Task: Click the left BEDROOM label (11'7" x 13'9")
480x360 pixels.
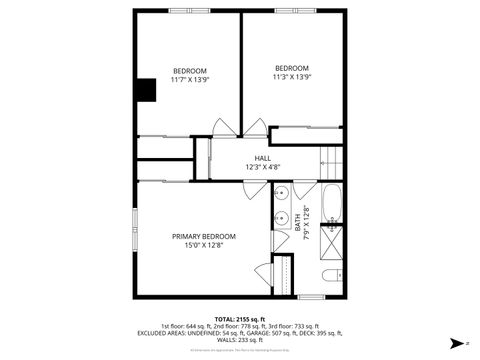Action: coord(190,70)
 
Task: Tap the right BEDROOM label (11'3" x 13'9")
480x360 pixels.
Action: coord(292,68)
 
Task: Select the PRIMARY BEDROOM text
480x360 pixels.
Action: coord(204,236)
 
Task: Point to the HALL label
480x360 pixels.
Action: coord(263,158)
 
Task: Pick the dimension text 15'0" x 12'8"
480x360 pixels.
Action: coord(204,245)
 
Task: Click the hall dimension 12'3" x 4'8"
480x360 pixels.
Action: coord(263,167)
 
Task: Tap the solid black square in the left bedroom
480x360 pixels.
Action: coord(148,90)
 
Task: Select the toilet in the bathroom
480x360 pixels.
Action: coord(332,276)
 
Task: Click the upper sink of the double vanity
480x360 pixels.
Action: coord(283,191)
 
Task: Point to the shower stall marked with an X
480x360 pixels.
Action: coord(335,241)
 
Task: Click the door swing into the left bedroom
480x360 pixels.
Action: coord(224,127)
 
